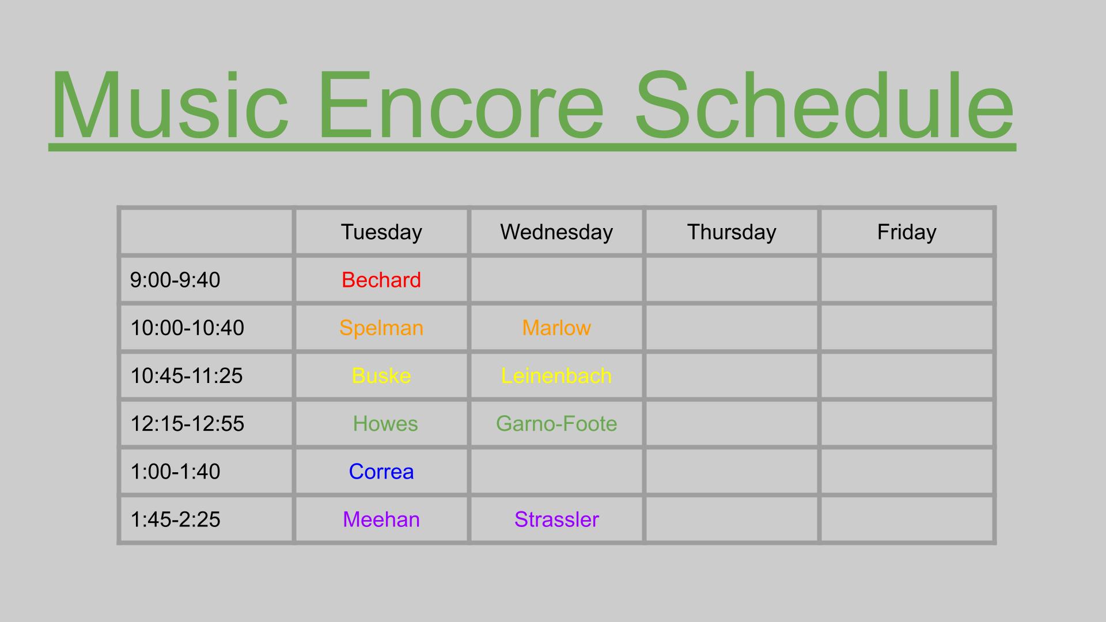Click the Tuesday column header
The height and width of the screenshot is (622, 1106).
point(381,232)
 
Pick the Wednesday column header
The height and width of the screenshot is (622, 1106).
point(556,232)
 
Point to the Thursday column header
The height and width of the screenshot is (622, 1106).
point(732,232)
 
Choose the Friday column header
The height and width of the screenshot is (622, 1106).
point(907,232)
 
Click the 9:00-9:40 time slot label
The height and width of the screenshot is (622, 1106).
point(175,280)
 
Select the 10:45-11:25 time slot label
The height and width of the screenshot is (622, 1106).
point(187,376)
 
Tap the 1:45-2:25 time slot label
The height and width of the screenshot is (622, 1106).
point(175,519)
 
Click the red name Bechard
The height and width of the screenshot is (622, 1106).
point(381,280)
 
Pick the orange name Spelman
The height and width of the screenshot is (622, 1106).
point(381,328)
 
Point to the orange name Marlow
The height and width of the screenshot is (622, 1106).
point(556,328)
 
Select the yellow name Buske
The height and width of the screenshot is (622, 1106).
point(381,376)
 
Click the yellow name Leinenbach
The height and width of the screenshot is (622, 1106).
point(556,376)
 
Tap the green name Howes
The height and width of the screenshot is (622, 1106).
point(385,424)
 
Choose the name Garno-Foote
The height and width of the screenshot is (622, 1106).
point(556,424)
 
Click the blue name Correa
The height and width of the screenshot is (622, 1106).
point(381,472)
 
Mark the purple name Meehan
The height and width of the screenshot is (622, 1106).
point(381,519)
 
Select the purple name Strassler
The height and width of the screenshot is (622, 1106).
point(556,519)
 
